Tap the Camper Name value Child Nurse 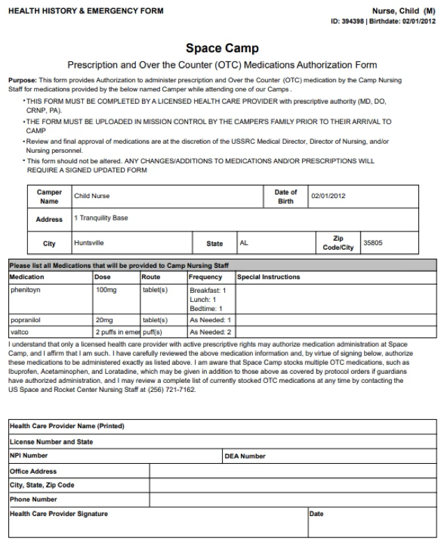92,197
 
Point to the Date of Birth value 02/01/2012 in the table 327,197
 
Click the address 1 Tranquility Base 100,218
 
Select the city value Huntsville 91,243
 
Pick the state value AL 244,243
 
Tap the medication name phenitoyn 25,287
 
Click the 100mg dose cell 105,287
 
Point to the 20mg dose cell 104,320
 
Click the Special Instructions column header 269,276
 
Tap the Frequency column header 205,276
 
